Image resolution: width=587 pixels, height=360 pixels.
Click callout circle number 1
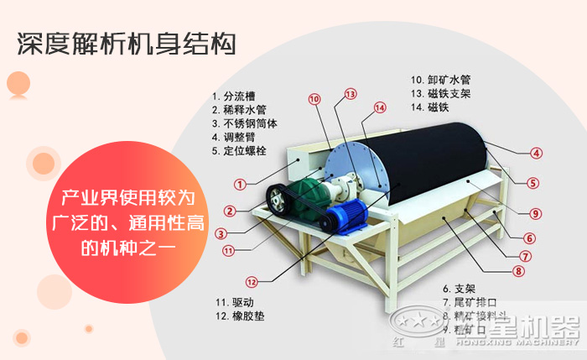[x=240, y=184]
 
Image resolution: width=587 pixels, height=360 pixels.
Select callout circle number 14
[x=380, y=107]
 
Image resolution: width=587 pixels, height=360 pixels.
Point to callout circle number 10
[x=314, y=99]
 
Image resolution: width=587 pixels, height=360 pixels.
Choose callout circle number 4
[x=536, y=153]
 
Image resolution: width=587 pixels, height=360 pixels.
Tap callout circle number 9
[x=536, y=213]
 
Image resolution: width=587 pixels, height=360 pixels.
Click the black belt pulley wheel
[x=278, y=200]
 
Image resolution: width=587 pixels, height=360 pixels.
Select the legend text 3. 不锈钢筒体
[x=249, y=123]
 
